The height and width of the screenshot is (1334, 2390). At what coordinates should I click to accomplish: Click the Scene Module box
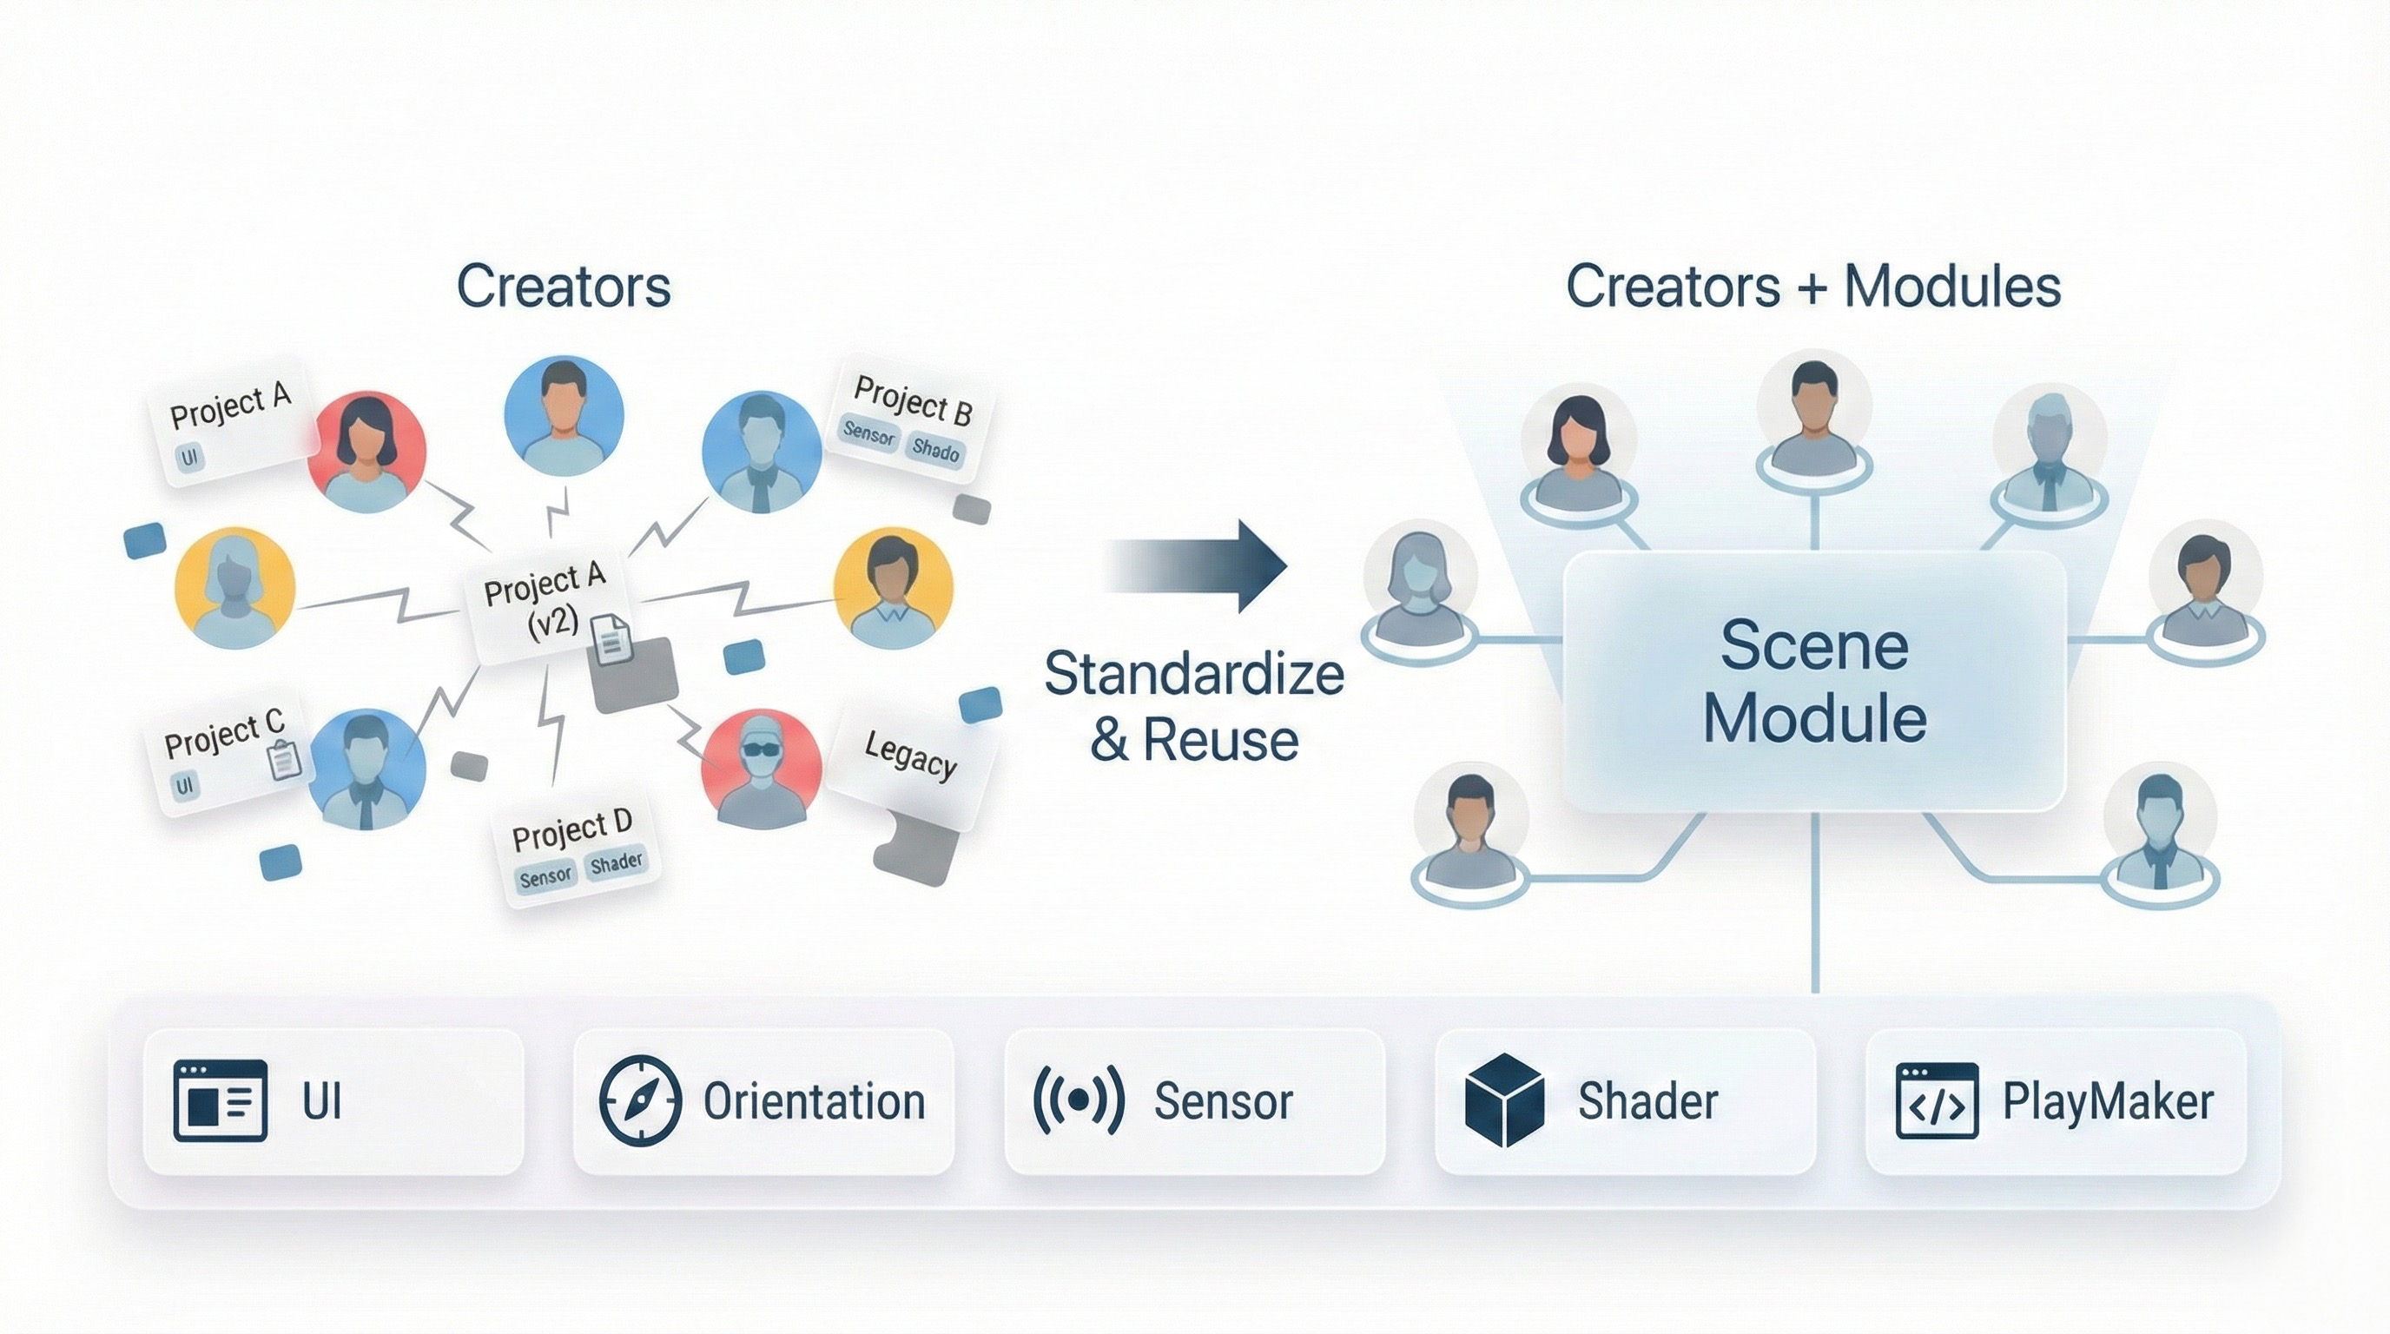(1814, 682)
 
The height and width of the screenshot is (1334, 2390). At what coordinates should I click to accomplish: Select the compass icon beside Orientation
(639, 1100)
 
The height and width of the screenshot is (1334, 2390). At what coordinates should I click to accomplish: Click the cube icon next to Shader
(1504, 1100)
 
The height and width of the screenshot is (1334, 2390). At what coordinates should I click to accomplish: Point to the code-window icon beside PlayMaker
(1937, 1100)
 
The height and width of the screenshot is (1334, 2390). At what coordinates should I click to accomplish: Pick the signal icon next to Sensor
(1078, 1100)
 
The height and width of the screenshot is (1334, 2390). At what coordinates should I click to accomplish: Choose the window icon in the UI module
(220, 1100)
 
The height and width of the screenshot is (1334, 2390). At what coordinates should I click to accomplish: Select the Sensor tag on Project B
(868, 434)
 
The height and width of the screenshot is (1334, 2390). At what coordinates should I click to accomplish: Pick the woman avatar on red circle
(367, 451)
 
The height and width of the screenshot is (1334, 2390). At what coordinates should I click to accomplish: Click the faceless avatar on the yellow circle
(234, 586)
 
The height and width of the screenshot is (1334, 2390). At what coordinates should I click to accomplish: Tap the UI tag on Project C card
(185, 786)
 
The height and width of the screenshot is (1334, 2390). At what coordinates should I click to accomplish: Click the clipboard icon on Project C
(284, 760)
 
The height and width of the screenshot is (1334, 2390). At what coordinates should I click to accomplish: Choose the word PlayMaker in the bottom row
(2108, 1102)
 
